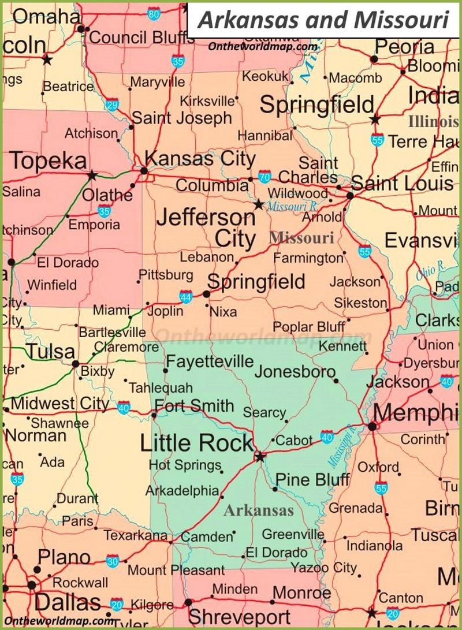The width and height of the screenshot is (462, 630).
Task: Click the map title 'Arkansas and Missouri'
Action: (323, 20)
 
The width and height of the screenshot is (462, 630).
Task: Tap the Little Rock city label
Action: (196, 443)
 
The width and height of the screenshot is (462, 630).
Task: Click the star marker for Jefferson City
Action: (259, 204)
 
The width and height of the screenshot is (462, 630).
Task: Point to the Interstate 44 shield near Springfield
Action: (185, 297)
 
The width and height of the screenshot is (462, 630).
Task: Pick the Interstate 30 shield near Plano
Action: (113, 560)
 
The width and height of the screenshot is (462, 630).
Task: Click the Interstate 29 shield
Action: (112, 105)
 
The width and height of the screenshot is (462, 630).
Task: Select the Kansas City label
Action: (200, 158)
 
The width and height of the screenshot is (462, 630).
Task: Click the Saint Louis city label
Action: (403, 184)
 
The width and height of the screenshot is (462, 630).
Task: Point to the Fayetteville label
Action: (210, 361)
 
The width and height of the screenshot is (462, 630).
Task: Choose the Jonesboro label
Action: (295, 371)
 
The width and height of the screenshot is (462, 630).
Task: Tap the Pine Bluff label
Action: (312, 479)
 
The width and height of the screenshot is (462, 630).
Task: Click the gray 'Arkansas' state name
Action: (258, 510)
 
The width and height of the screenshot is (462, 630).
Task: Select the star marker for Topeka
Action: (92, 175)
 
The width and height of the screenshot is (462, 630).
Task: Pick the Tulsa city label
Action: (51, 351)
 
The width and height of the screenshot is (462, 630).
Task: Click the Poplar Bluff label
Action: (309, 326)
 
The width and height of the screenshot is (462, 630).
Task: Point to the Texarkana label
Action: (135, 535)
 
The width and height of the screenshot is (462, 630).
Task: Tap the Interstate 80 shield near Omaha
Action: (154, 13)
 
